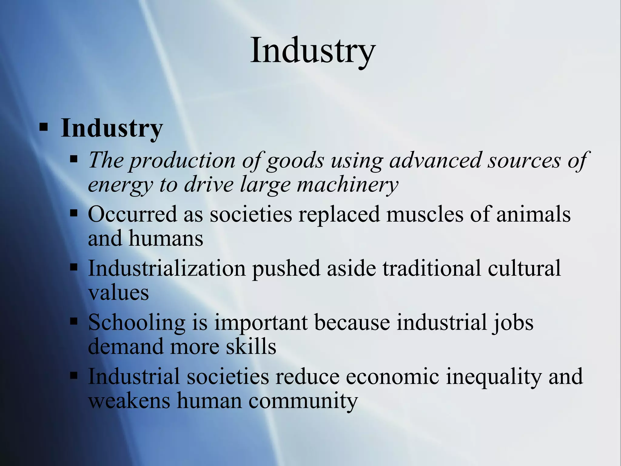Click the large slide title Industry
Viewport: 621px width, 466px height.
tap(313, 50)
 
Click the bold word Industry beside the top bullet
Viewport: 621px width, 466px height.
tap(112, 128)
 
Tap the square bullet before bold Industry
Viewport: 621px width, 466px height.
tap(44, 127)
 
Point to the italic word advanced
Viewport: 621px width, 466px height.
tap(435, 160)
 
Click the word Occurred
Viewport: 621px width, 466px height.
tap(132, 214)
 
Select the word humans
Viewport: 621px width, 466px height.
tap(166, 238)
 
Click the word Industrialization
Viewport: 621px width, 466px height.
tap(167, 268)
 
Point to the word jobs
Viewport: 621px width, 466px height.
tap(513, 322)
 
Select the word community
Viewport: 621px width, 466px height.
tap(303, 401)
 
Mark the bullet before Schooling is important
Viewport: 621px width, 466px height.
tap(74, 322)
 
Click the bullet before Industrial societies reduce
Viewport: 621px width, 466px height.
tap(74, 376)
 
